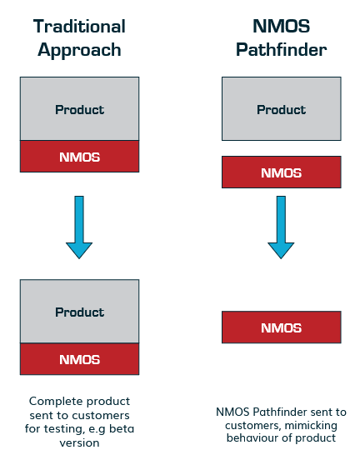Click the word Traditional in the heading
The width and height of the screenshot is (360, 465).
[79, 26]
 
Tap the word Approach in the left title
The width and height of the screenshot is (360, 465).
[79, 50]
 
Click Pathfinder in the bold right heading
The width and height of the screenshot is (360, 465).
[281, 49]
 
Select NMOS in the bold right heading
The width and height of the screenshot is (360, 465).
[281, 26]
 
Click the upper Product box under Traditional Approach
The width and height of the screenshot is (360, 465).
[79, 108]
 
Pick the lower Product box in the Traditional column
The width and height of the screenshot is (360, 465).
[79, 311]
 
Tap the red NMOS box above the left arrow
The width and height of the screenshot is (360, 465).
[79, 157]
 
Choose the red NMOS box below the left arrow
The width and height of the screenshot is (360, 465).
[79, 359]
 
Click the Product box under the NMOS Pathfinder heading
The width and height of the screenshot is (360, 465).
[282, 108]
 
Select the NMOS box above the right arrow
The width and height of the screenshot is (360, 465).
[282, 172]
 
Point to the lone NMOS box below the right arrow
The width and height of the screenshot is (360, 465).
[282, 327]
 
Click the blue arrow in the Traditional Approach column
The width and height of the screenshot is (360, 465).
[79, 227]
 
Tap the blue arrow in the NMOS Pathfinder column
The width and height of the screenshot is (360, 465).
[281, 227]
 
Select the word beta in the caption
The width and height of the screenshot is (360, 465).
[122, 429]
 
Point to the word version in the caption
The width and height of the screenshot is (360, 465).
[79, 443]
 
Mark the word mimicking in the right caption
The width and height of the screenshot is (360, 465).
[310, 426]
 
